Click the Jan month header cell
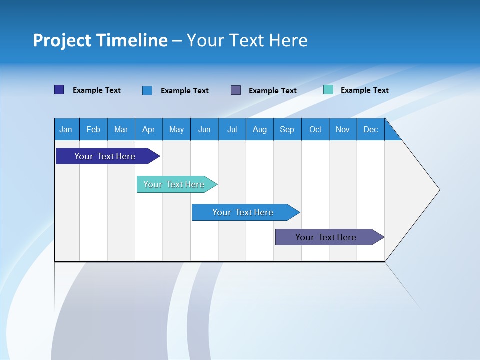pos(66,129)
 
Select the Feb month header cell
pos(93,129)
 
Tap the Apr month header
pos(149,129)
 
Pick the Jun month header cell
pos(204,129)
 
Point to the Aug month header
pos(260,129)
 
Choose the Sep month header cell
pos(287,129)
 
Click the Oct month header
pos(315,129)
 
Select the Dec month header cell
pos(371,129)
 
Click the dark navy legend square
pos(59,90)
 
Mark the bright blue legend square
pos(147,90)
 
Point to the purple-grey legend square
pos(236,90)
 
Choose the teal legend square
pos(328,90)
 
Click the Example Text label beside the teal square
pos(365,90)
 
